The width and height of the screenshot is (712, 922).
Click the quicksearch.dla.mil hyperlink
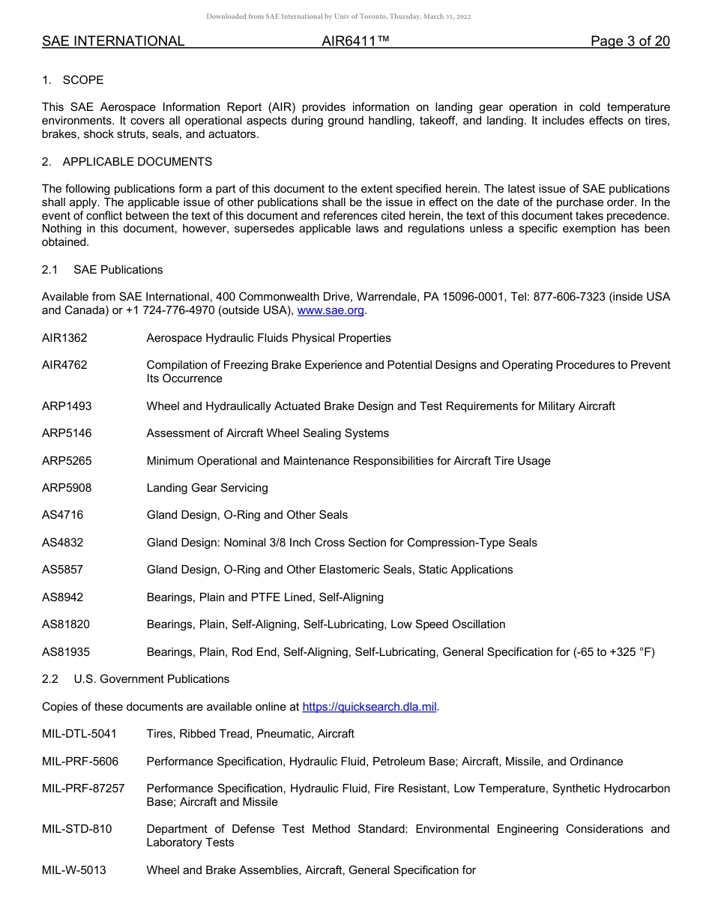369,706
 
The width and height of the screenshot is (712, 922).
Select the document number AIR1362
64,338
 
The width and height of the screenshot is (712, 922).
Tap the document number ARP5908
67,488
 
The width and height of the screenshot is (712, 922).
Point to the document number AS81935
66,652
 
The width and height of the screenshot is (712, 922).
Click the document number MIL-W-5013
73,870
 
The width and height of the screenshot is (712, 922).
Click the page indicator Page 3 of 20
630,41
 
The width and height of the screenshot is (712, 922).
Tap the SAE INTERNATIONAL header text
113,41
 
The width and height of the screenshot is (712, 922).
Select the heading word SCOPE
83,80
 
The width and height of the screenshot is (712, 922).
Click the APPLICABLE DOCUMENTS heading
137,162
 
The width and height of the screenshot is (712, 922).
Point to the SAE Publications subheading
118,270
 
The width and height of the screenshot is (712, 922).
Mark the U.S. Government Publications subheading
151,679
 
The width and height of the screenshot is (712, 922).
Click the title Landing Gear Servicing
207,488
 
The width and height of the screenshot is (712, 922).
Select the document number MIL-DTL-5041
79,734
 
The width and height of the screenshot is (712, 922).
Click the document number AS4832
62,543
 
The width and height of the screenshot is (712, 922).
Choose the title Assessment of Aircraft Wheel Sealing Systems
268,433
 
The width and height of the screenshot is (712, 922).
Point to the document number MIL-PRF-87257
83,789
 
